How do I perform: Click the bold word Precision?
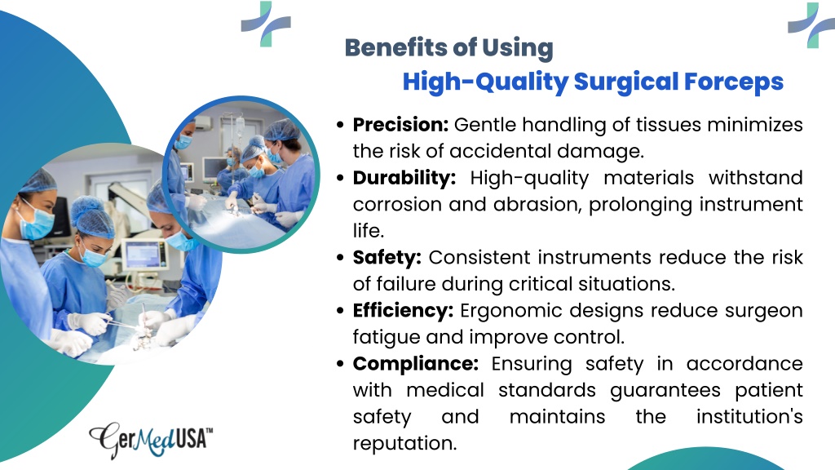[400, 125]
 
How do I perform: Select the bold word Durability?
[404, 178]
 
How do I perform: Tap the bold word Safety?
[387, 258]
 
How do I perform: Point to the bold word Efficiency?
[403, 311]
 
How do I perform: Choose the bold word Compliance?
[415, 364]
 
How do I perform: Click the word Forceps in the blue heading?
[733, 82]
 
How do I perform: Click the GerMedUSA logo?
[151, 440]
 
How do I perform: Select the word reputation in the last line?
[404, 444]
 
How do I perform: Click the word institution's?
[749, 417]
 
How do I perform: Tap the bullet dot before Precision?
[340, 125]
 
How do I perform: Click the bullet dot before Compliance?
[340, 365]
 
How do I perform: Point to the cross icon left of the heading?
[266, 24]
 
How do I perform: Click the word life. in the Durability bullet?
[368, 231]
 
